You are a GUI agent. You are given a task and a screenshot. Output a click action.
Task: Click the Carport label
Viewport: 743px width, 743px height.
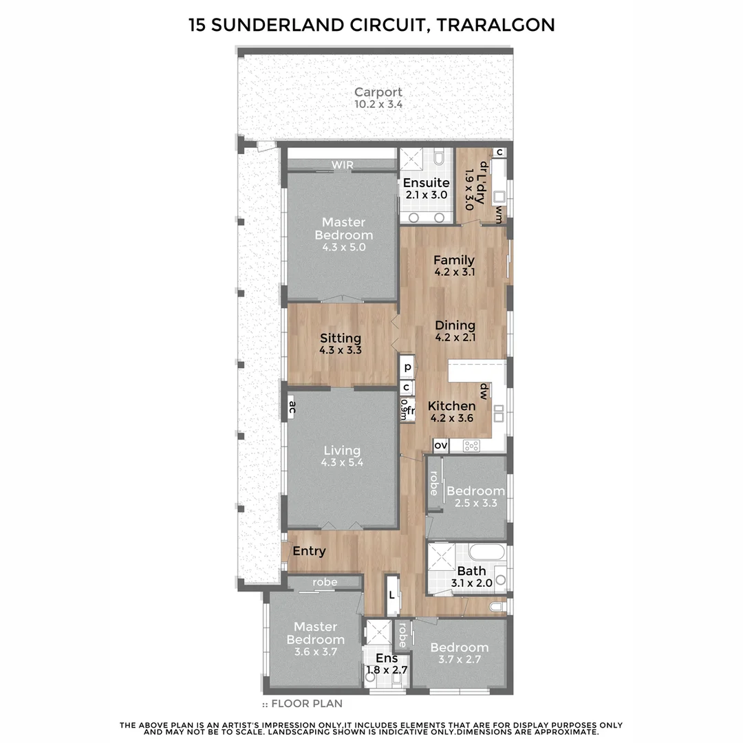378,92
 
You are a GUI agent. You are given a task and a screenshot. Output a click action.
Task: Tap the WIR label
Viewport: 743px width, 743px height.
342,165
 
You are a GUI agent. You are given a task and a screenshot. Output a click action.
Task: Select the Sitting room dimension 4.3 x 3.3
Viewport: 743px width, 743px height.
341,350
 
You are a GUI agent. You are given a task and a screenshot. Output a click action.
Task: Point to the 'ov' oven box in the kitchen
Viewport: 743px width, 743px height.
441,445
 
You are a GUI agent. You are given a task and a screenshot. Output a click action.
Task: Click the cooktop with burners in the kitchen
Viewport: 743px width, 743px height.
471,446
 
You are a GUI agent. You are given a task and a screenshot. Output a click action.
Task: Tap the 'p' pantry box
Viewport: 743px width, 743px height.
407,367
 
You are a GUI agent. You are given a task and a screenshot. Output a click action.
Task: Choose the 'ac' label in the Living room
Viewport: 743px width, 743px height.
292,407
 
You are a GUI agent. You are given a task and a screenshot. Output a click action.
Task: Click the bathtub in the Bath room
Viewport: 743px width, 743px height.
487,554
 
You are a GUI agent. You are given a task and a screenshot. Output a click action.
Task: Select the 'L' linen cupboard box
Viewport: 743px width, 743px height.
392,594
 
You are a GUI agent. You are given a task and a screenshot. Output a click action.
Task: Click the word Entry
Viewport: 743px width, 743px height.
309,551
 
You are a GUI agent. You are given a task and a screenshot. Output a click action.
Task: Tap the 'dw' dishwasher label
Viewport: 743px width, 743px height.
484,391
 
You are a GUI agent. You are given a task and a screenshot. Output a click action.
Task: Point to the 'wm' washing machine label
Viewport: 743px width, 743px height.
499,214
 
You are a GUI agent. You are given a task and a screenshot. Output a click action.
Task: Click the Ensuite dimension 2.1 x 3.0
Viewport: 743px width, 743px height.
427,195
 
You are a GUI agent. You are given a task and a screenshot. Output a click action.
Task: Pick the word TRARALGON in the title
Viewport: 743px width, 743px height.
495,25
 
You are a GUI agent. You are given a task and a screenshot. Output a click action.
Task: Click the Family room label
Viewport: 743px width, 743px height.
454,260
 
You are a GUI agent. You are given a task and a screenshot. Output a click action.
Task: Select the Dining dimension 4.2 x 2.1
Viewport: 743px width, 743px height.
455,337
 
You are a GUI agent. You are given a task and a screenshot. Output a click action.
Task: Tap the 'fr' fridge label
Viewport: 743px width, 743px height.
410,410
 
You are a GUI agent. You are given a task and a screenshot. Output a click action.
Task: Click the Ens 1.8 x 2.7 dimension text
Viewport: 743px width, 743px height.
387,670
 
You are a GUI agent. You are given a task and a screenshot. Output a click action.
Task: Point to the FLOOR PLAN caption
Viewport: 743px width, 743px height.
307,704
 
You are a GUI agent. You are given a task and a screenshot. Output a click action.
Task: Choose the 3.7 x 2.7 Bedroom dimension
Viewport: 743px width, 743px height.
459,659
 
